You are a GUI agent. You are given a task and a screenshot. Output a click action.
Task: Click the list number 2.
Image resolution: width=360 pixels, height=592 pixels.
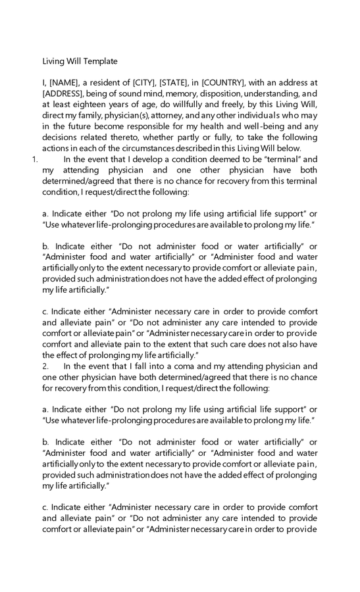point(45,366)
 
